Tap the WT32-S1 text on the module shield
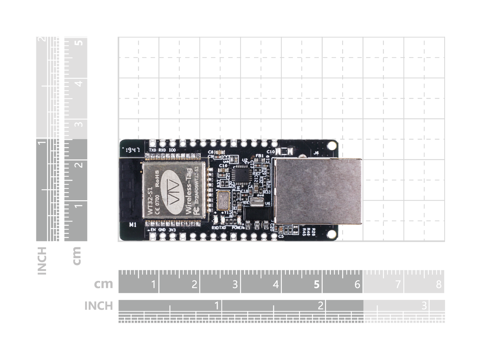[x=150, y=201]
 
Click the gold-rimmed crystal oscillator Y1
[x=223, y=201]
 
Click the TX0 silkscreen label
[x=152, y=150]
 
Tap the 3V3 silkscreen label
[x=172, y=230]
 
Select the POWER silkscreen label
[x=238, y=227]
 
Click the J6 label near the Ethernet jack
[x=316, y=153]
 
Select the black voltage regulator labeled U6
[x=255, y=214]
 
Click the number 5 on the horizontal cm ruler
[x=316, y=285]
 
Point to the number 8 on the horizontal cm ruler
[x=439, y=285]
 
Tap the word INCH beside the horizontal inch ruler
[x=98, y=306]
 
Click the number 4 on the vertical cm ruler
[x=80, y=83]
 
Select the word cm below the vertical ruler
[x=77, y=255]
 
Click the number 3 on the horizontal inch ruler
[x=424, y=305]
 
